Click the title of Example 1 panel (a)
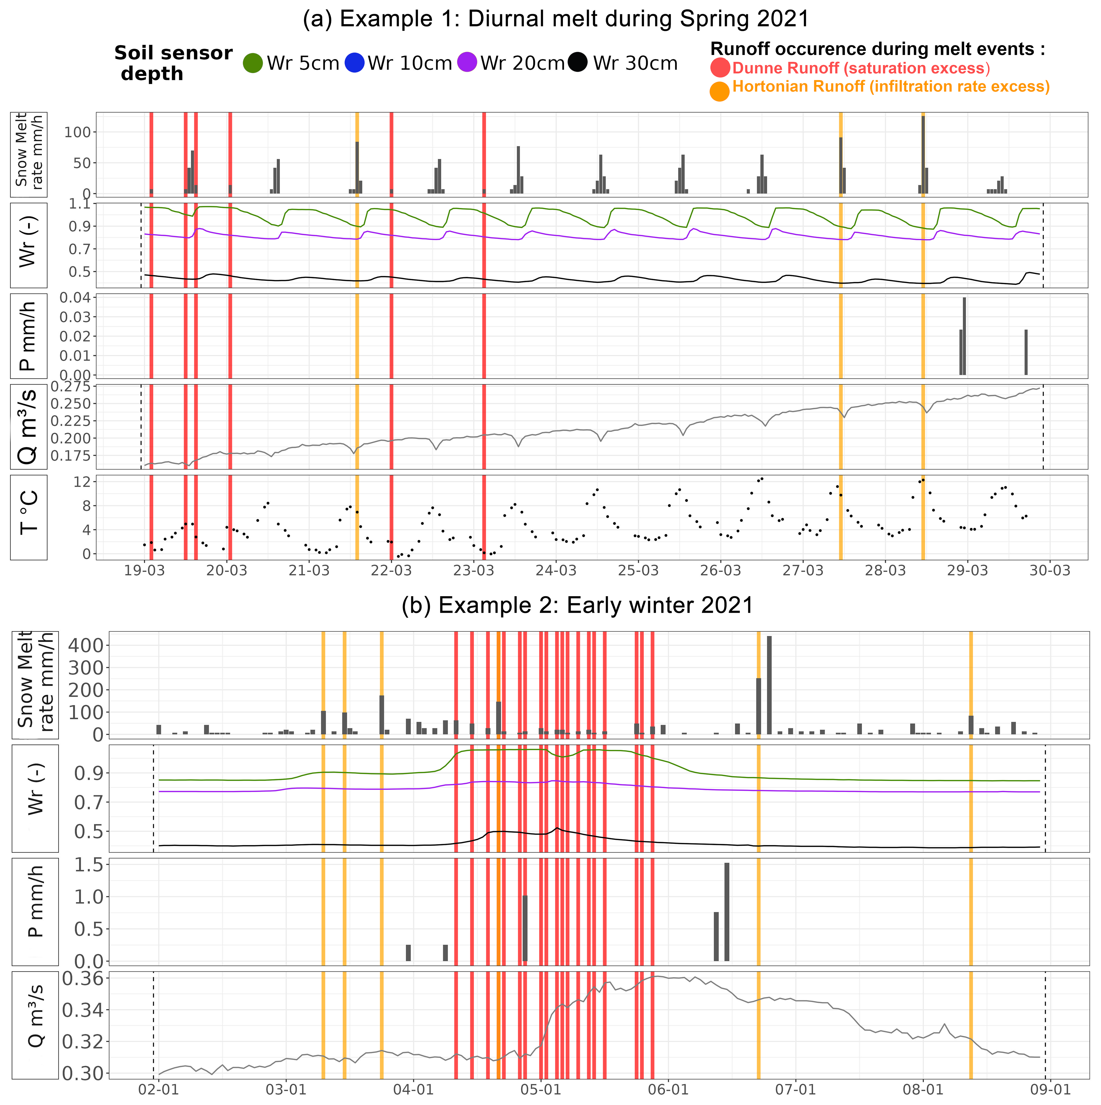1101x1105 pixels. tap(556, 19)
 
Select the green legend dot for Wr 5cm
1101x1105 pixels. tap(253, 63)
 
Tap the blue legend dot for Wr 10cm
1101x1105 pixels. tap(355, 63)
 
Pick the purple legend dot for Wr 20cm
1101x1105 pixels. tap(467, 63)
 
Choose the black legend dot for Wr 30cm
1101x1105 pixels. tap(578, 63)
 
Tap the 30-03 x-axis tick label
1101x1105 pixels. tap(1050, 571)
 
